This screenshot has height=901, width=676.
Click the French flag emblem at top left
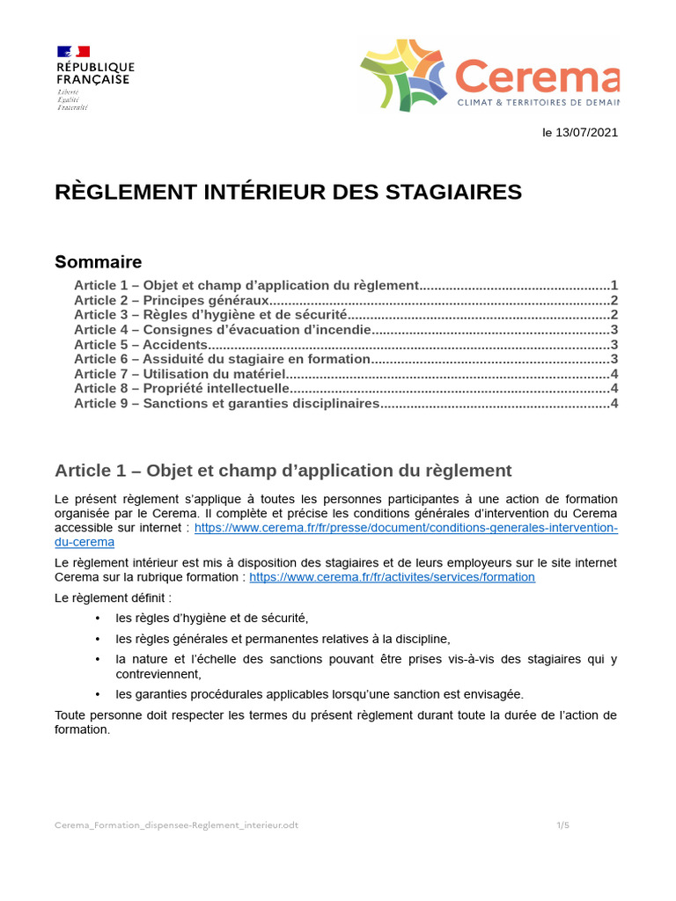[73, 51]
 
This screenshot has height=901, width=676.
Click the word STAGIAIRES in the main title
[459, 192]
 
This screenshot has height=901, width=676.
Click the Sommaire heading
[98, 262]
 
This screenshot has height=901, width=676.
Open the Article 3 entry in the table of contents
[211, 314]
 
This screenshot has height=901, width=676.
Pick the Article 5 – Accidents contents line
[141, 344]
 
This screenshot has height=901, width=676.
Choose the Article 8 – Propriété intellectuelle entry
[181, 388]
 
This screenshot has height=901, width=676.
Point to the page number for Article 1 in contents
[614, 285]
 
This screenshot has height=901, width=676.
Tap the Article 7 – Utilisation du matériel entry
[180, 374]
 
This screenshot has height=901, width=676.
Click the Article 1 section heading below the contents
[283, 470]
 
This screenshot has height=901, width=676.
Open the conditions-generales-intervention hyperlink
[405, 528]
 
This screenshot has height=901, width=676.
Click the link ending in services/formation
[392, 577]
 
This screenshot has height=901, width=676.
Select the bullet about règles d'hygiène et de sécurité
[211, 618]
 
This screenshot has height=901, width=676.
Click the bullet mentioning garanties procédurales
[319, 694]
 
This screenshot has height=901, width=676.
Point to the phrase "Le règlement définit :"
[114, 598]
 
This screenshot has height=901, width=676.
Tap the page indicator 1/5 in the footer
[562, 825]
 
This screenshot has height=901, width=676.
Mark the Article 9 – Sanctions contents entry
[226, 403]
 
